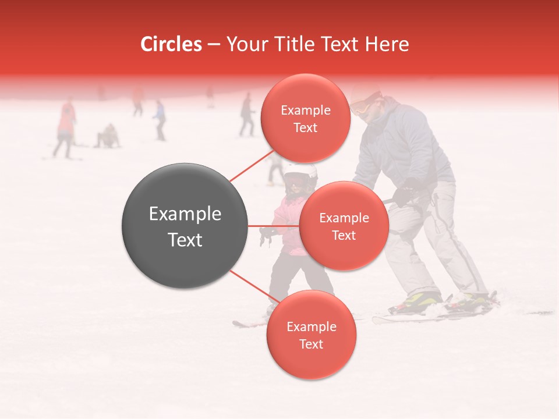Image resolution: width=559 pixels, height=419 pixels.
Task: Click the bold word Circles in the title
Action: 171,44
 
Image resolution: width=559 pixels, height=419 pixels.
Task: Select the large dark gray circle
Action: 185,226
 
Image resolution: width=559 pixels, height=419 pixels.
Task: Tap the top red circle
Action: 305,119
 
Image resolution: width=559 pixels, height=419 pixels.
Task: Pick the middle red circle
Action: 344,226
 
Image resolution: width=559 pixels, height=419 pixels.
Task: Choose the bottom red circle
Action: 311,335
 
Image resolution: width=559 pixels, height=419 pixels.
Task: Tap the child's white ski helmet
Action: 300,171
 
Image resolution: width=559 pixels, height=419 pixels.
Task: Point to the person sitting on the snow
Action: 108,137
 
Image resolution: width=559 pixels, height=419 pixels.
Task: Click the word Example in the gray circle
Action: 185,214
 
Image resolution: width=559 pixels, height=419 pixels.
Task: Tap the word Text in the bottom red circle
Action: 311,344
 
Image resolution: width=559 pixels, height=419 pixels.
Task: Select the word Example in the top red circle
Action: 305,111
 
